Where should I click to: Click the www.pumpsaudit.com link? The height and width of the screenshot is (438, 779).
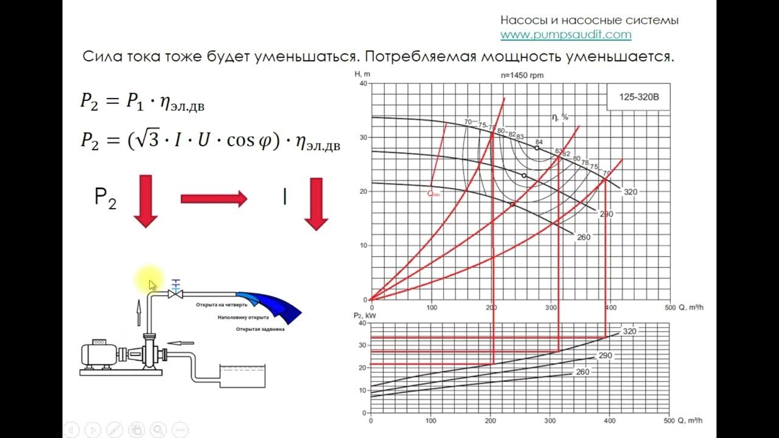565,35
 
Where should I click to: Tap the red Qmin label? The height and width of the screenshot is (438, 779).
433,194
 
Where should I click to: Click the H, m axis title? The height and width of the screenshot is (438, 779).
363,74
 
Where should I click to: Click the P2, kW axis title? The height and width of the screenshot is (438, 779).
363,315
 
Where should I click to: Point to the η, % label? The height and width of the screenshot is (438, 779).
559,117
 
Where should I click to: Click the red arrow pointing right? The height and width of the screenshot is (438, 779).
214,198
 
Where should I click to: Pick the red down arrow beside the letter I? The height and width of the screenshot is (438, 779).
316,204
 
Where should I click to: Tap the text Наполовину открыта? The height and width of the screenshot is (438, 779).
243,318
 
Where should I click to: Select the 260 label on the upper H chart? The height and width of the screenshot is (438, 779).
583,237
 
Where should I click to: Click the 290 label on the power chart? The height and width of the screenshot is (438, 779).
605,355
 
